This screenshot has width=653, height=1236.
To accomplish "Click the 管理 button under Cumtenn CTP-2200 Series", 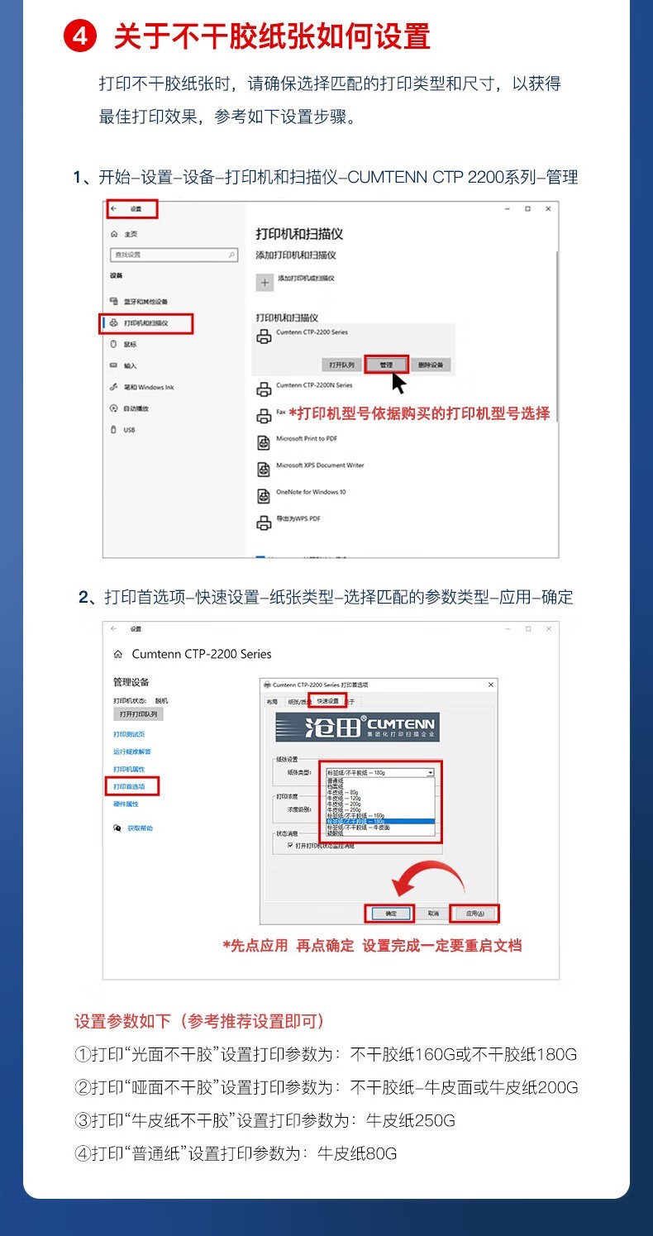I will tap(386, 365).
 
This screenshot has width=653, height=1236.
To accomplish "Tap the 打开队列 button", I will tap(341, 365).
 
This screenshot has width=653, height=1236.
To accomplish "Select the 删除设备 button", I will tap(430, 365).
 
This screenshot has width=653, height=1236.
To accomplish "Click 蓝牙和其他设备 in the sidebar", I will tap(145, 302).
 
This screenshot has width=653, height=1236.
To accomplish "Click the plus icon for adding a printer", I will tap(265, 282).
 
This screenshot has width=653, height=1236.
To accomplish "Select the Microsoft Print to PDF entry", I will tap(306, 439).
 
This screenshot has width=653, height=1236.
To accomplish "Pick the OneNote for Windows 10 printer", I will tap(311, 493).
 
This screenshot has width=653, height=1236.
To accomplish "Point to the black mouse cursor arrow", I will tap(398, 384).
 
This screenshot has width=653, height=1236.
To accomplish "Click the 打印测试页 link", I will tap(129, 734).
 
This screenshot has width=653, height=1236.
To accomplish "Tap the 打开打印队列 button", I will tap(138, 713).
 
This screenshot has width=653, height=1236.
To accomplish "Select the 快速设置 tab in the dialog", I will tap(327, 701).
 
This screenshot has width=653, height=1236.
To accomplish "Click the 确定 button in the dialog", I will tap(390, 914).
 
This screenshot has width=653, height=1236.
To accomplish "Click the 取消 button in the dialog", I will tap(433, 914).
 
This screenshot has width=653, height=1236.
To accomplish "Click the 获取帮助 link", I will tap(140, 828).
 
